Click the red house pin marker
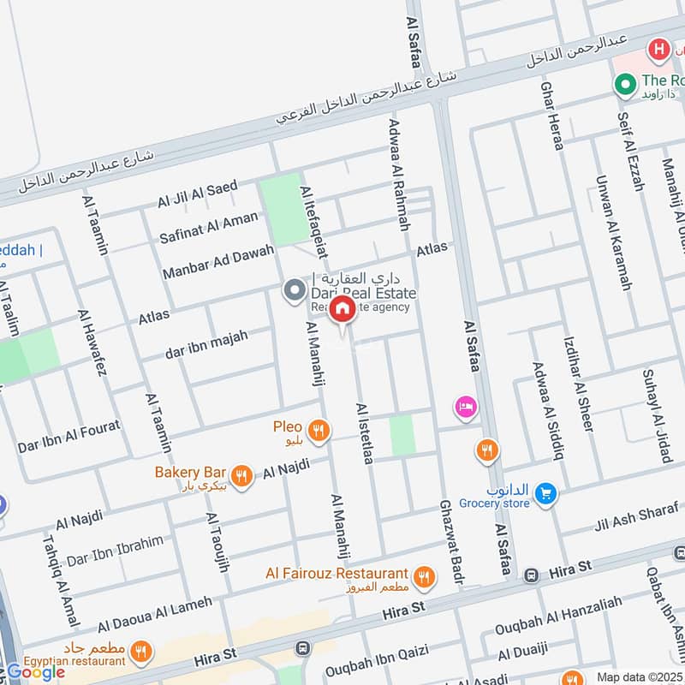342,310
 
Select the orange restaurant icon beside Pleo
319,430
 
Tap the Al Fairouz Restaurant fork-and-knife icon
423,578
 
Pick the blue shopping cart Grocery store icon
544,493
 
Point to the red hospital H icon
658,49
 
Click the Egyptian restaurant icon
142,650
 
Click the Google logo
36,672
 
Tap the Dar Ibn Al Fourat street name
68,436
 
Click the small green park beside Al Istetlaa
402,436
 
